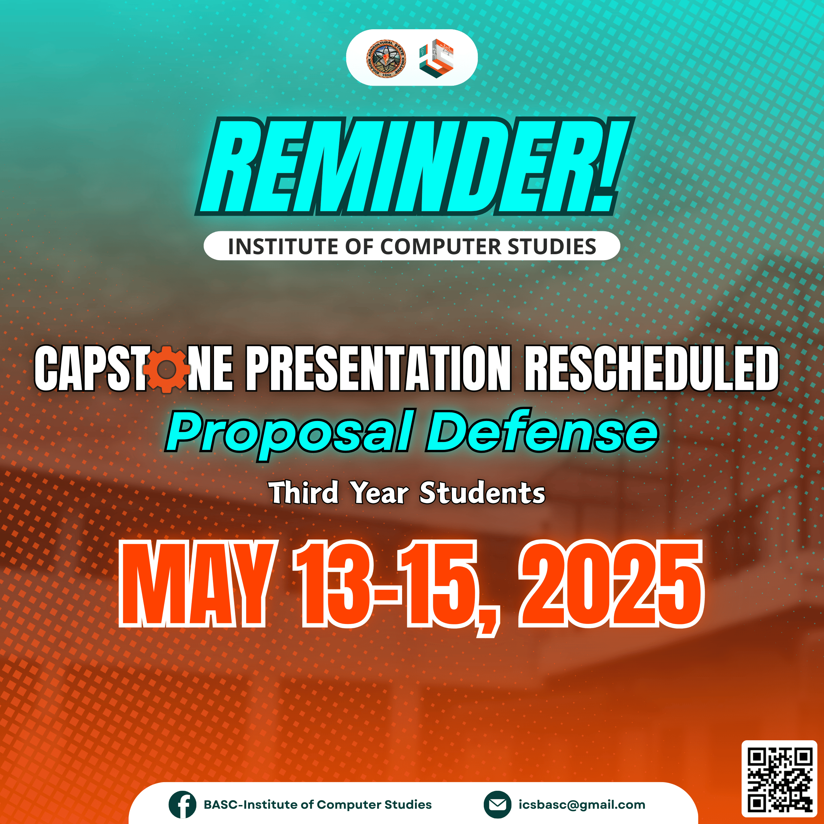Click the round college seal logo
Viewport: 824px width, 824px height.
point(386,58)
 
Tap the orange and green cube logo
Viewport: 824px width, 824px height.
point(436,58)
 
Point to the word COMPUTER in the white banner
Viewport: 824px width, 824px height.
point(440,247)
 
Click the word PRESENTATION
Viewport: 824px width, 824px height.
point(378,368)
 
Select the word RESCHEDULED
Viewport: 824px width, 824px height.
point(652,368)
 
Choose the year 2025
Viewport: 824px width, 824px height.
point(611,583)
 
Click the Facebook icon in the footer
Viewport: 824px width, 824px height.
point(182,804)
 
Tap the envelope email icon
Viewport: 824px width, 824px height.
point(497,804)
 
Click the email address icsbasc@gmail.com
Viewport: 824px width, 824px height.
point(582,804)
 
